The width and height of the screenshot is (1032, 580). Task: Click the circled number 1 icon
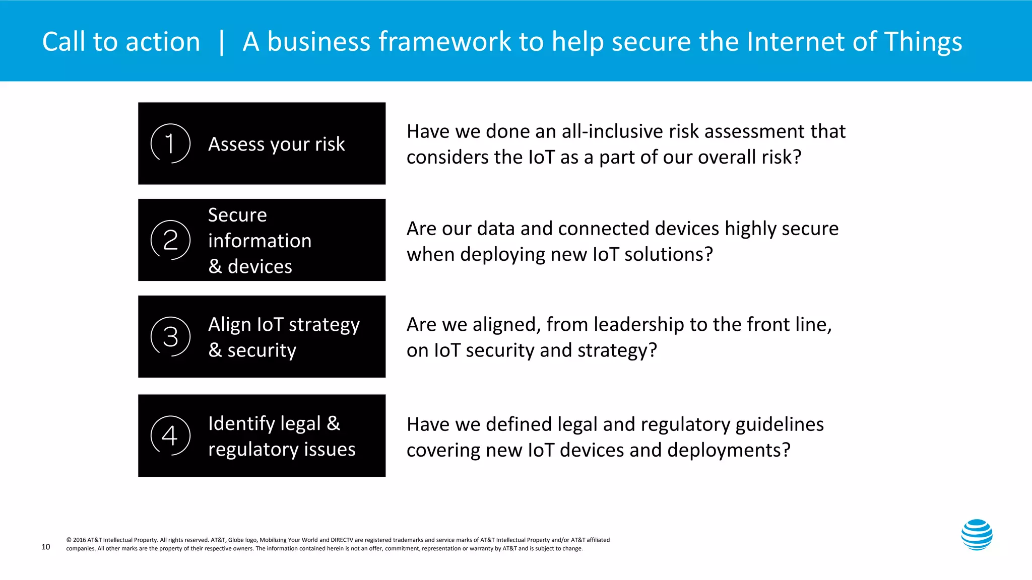170,143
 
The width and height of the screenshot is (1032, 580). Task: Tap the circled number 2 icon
170,240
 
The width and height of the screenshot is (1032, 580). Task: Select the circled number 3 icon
170,336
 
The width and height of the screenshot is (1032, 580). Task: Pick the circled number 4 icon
170,436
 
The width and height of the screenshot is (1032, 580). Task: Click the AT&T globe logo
977,535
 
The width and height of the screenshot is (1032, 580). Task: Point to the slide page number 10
45,547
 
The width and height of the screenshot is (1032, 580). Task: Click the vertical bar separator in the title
221,42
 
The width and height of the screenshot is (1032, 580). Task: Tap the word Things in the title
923,42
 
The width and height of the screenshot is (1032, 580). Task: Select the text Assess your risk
276,144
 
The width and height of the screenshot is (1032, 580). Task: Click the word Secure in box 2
237,215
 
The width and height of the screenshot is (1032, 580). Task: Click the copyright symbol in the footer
69,540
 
